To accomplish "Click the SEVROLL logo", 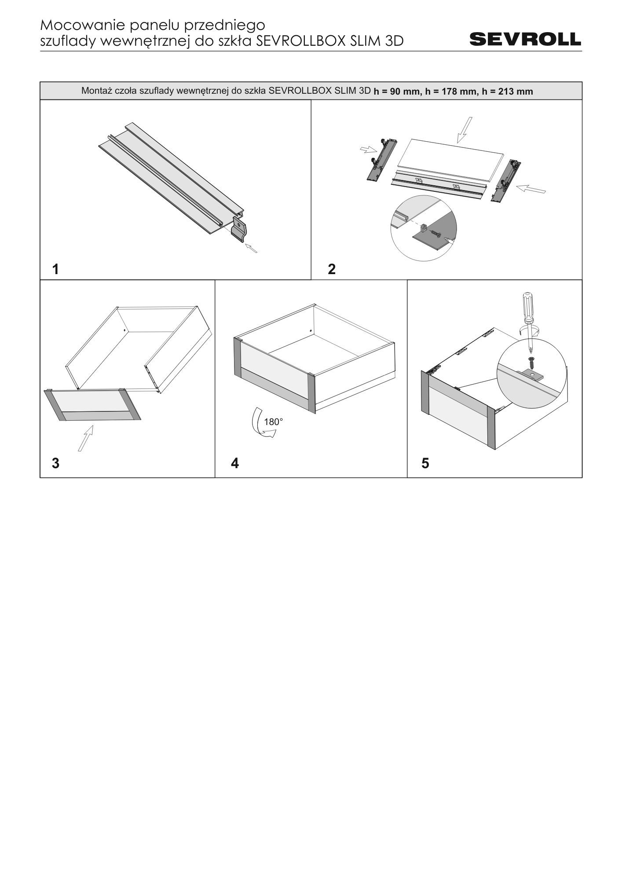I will point(525,39).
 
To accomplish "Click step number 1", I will point(55,269).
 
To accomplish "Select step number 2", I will point(332,269).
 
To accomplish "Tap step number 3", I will point(55,463).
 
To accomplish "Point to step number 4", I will point(235,463).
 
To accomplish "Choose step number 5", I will point(425,463).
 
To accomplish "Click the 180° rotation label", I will point(273,422).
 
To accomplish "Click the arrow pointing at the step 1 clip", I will point(251,248).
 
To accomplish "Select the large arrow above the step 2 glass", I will point(464,130).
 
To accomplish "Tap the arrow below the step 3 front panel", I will point(86,438).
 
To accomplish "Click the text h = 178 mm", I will point(450,92).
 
